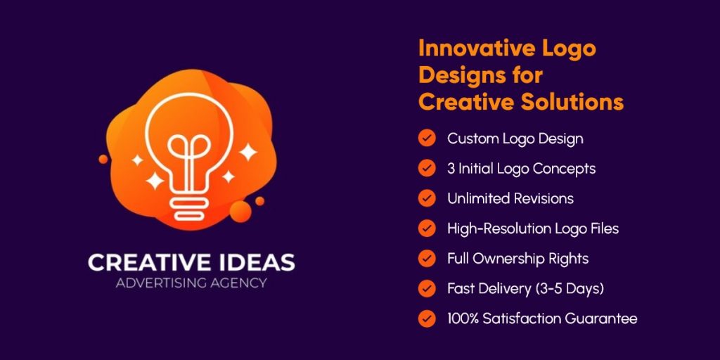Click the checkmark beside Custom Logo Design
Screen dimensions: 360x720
[426, 138]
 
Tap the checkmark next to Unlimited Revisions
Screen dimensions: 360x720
[426, 198]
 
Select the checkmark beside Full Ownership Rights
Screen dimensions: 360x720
[426, 258]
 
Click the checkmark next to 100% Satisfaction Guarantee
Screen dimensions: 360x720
[426, 319]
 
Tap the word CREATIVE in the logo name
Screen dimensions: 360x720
[146, 263]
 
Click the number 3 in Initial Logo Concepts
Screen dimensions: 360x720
[451, 169]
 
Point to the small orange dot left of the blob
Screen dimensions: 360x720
[103, 159]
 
